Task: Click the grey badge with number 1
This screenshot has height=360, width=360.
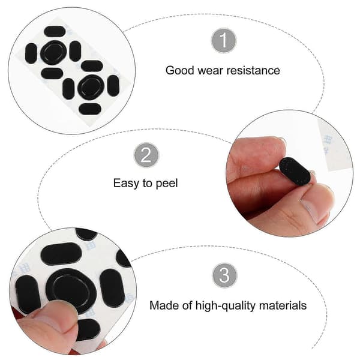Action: [x=224, y=40]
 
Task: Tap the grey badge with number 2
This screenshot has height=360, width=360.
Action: [x=146, y=155]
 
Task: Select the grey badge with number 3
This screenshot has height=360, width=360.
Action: [x=224, y=275]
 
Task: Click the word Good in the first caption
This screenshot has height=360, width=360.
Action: [x=180, y=70]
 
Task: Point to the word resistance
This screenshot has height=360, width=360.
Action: [x=253, y=70]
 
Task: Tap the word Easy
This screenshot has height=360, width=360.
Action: [x=126, y=184]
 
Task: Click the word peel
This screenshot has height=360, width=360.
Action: [x=167, y=184]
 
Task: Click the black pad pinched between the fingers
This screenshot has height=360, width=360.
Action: [x=295, y=171]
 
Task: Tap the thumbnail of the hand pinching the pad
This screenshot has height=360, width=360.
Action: [x=289, y=173]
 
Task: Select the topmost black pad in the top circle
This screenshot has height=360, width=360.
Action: [x=55, y=31]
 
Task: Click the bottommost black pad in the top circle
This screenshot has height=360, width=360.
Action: [x=90, y=109]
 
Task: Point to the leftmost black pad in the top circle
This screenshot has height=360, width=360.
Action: [x=31, y=53]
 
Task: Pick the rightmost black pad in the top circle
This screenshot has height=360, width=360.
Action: [x=113, y=86]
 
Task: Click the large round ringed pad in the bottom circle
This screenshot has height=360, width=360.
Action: [x=71, y=290]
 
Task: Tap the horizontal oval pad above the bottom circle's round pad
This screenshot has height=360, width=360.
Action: [x=61, y=254]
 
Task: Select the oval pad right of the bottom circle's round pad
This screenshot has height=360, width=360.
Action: [x=112, y=288]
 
